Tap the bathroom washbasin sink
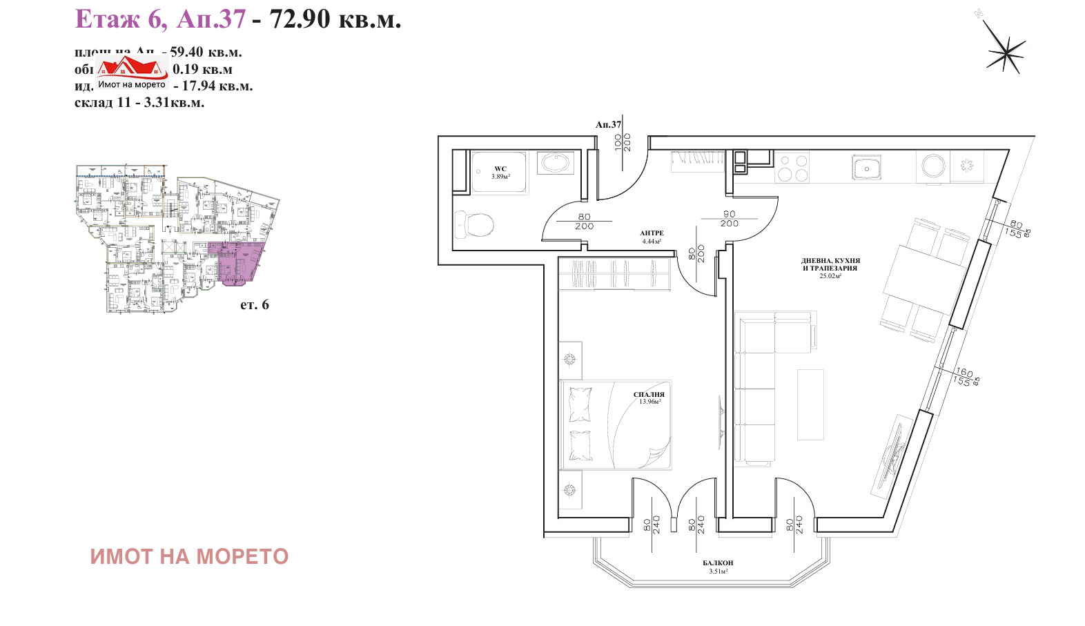point(556,164)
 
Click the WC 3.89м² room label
point(500,173)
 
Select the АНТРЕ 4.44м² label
point(652,237)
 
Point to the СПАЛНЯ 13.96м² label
point(649,398)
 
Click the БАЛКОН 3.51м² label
point(718,567)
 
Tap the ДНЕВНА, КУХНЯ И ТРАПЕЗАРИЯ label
point(830,268)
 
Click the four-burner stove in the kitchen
point(792,168)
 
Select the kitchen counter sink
point(866,168)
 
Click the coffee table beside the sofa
point(810,404)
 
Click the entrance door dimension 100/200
point(623,142)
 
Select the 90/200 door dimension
point(729,219)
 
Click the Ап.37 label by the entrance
point(608,125)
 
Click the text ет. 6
point(254,304)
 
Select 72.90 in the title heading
point(300,19)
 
